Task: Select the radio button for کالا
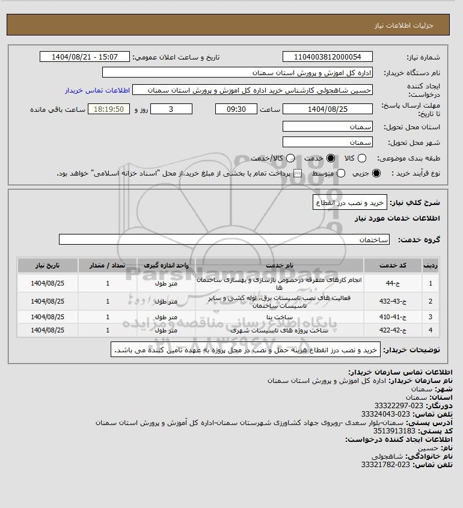point(362,158)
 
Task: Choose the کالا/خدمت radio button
point(291,158)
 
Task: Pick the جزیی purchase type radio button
point(377,173)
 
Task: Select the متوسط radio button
point(341,173)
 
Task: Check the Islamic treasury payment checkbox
point(296,173)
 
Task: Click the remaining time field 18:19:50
point(109,109)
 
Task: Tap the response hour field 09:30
point(236,109)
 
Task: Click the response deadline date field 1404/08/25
point(328,109)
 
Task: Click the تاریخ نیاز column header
point(48,265)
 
